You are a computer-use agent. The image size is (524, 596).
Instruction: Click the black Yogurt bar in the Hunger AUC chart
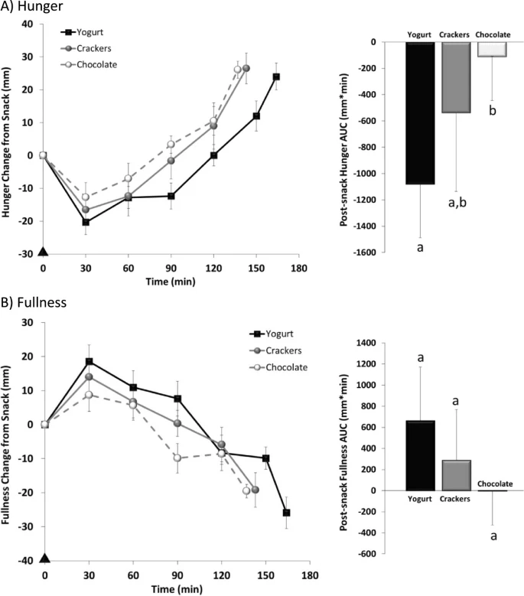click(x=420, y=113)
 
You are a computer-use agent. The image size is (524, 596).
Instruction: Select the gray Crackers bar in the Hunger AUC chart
click(x=456, y=77)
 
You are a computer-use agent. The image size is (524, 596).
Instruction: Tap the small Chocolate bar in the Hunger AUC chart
click(x=492, y=49)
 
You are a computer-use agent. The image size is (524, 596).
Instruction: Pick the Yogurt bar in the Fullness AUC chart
click(x=420, y=455)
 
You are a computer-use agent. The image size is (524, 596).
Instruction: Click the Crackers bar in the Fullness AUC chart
click(x=456, y=475)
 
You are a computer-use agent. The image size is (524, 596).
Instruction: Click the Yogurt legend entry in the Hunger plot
click(x=82, y=32)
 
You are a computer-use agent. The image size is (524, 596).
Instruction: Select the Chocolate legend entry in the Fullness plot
click(x=278, y=367)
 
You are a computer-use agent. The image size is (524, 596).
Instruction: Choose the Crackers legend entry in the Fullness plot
click(x=275, y=350)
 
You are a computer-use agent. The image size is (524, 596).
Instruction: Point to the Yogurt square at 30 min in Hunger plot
click(x=86, y=222)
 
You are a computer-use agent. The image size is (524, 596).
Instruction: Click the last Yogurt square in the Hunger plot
click(x=276, y=77)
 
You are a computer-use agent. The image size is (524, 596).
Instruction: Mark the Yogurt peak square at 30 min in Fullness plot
click(x=89, y=361)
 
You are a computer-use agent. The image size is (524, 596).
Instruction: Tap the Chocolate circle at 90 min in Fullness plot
click(x=177, y=458)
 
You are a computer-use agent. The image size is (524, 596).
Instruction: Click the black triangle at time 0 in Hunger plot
click(x=43, y=251)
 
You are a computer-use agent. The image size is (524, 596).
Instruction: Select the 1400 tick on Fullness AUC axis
click(x=366, y=343)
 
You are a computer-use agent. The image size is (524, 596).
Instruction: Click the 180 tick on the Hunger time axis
click(x=299, y=269)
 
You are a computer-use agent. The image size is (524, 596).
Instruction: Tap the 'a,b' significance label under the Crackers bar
click(x=457, y=203)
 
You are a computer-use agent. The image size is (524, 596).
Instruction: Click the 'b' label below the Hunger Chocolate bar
click(x=493, y=110)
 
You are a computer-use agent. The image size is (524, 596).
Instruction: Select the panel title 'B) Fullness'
click(x=34, y=302)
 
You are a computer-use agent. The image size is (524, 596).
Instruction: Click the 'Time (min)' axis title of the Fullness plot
click(x=177, y=589)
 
